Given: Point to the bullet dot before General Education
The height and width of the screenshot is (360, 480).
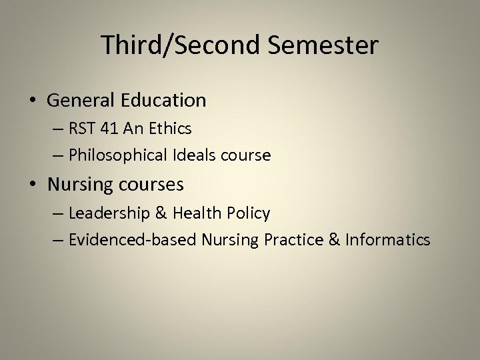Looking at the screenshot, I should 33,101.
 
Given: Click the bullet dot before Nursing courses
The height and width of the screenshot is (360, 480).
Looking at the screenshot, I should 33,183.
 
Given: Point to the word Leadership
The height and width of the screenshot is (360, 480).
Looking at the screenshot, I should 108,213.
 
